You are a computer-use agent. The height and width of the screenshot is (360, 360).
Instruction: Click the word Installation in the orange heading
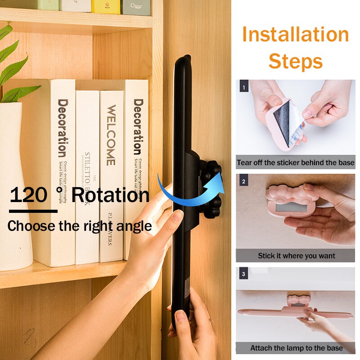(x=296, y=35)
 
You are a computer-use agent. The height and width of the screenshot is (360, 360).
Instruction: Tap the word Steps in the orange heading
(x=296, y=62)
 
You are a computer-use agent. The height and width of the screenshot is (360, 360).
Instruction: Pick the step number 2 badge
(x=243, y=182)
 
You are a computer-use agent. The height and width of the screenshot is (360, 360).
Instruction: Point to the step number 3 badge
(x=243, y=274)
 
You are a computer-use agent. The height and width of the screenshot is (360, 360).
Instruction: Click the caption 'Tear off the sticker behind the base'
(x=296, y=162)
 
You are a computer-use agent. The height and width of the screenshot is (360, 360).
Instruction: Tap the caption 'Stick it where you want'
(x=296, y=256)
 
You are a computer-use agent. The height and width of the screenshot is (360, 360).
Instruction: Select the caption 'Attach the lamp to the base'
(x=296, y=348)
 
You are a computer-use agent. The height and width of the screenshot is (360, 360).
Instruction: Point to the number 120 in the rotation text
(x=28, y=195)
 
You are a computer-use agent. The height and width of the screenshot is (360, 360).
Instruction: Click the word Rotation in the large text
(x=110, y=195)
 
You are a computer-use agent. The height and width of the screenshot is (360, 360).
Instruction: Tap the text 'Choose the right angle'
(x=79, y=225)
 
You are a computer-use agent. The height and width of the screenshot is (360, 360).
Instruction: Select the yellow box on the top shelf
(x=106, y=6)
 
